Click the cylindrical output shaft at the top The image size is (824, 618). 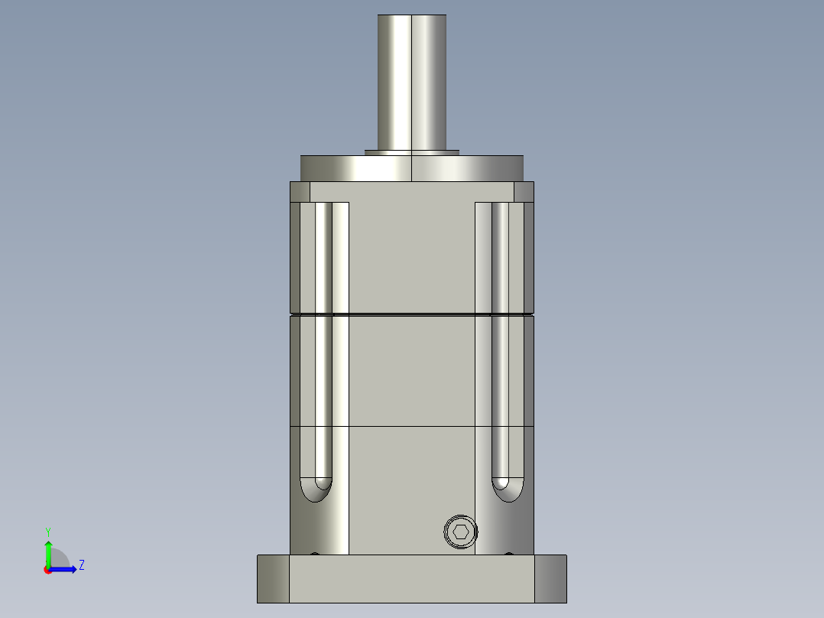point(412,80)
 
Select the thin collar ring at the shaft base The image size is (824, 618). point(412,152)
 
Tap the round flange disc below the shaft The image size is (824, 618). point(412,168)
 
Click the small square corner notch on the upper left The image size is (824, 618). point(300,191)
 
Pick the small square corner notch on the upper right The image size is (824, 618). point(524,191)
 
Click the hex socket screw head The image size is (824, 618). point(461,532)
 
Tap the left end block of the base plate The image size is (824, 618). point(273,578)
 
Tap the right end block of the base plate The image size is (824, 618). point(550,578)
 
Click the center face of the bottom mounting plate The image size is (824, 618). point(412,578)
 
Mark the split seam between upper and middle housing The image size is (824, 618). point(412,314)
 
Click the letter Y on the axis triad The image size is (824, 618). point(47,531)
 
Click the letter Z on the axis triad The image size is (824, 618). point(81,565)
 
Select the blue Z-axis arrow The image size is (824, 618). point(64,569)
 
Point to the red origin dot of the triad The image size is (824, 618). point(47,570)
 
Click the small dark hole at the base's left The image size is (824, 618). point(314,554)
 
